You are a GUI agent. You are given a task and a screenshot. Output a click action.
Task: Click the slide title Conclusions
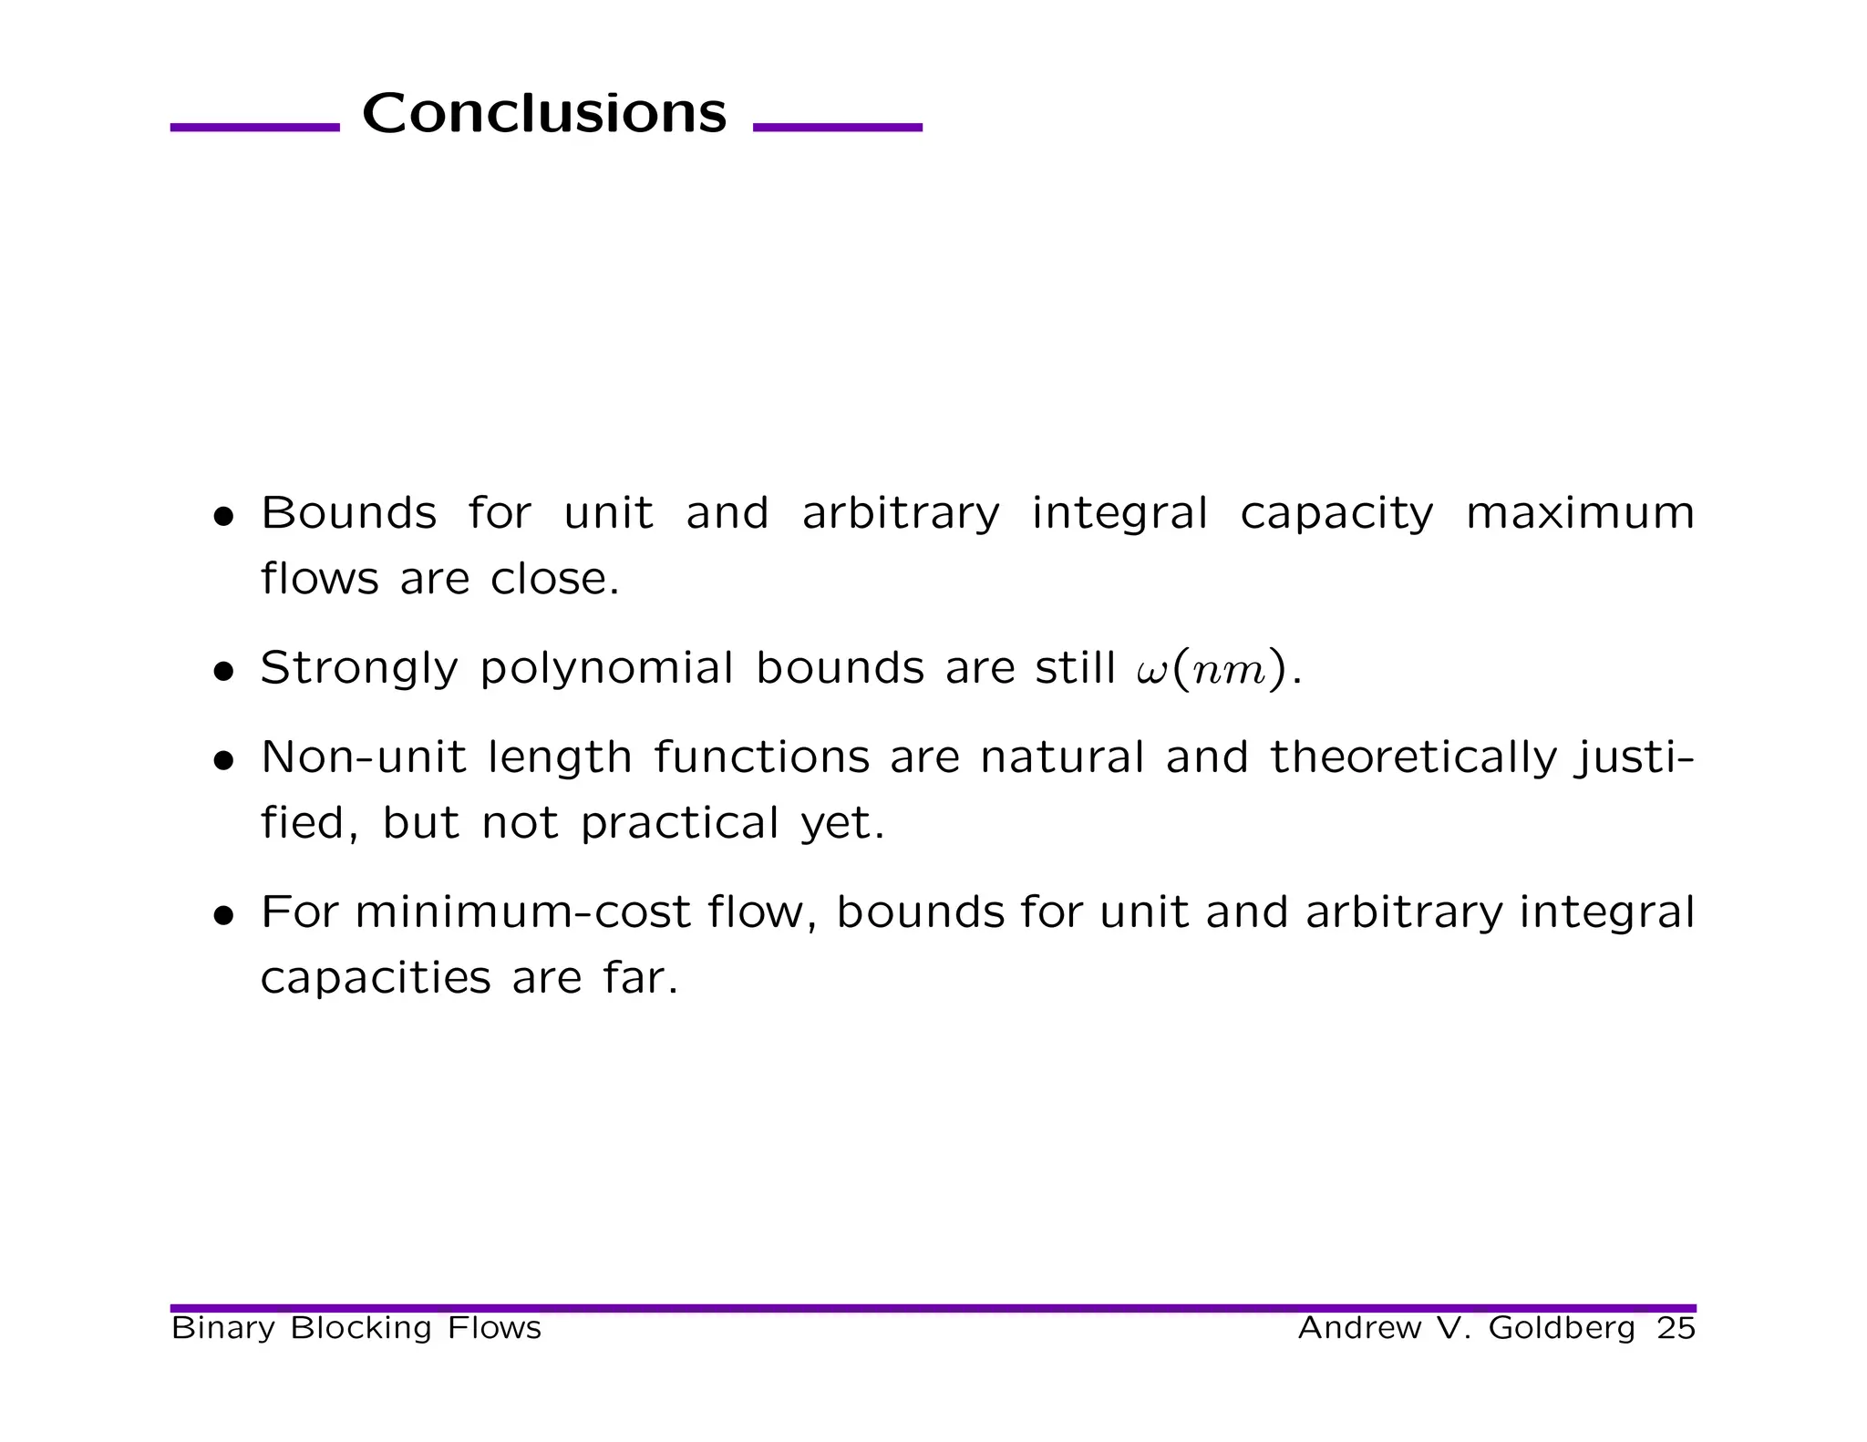pyautogui.click(x=544, y=113)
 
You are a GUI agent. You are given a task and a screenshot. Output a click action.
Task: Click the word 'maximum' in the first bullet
pyautogui.click(x=1579, y=513)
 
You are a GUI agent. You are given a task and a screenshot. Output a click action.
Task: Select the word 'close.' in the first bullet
pyautogui.click(x=554, y=579)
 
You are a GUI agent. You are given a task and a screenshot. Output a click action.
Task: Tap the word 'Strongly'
pyautogui.click(x=359, y=669)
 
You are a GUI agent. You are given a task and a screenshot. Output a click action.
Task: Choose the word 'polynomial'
pyautogui.click(x=606, y=669)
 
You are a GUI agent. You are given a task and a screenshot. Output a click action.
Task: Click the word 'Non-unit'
pyautogui.click(x=364, y=757)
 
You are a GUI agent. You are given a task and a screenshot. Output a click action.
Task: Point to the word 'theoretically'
pyautogui.click(x=1413, y=758)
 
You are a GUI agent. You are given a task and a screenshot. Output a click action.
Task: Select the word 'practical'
pyautogui.click(x=679, y=824)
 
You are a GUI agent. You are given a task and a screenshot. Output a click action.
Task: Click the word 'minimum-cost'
pyautogui.click(x=522, y=912)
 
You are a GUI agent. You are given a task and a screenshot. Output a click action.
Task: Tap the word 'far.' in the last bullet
pyautogui.click(x=641, y=978)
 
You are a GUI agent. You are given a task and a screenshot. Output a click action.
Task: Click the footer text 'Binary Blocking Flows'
pyautogui.click(x=356, y=1328)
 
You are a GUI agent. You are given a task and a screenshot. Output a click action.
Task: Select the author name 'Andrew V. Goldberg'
pyautogui.click(x=1466, y=1328)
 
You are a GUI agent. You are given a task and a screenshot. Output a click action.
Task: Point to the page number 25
pyautogui.click(x=1676, y=1328)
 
